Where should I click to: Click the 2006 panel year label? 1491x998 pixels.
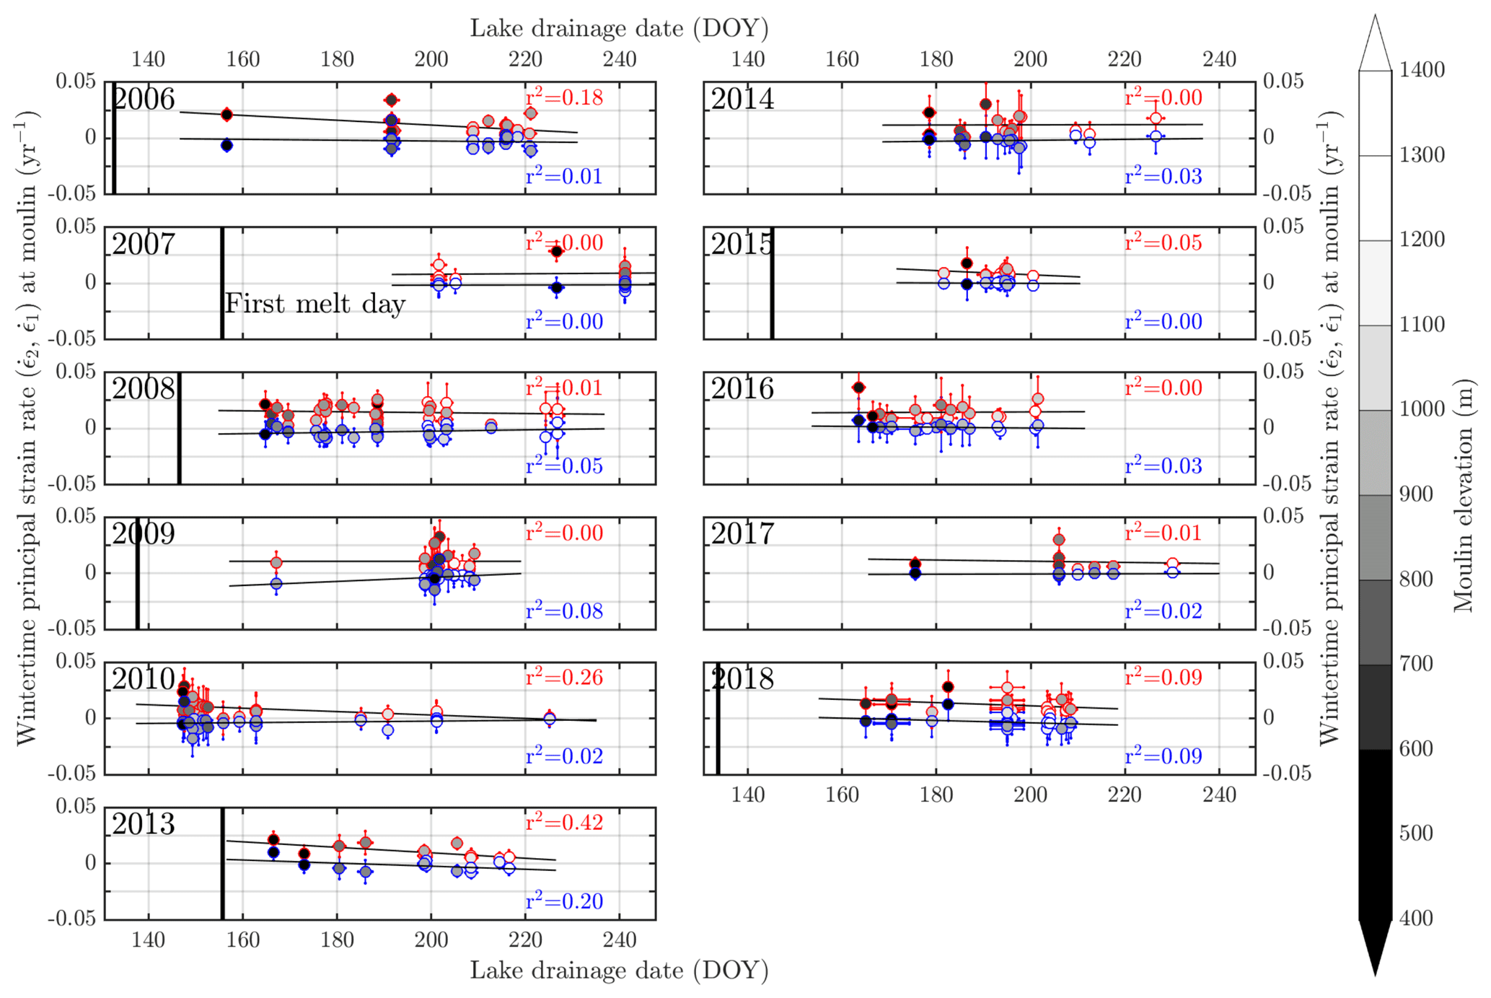tap(144, 100)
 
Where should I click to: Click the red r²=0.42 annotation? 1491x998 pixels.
tap(564, 823)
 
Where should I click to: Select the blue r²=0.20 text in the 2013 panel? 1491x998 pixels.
tap(564, 901)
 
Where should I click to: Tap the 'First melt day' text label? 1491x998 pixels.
tap(315, 304)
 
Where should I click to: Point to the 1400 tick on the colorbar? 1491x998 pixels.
tap(1422, 70)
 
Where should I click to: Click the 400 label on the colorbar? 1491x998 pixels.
tap(1415, 919)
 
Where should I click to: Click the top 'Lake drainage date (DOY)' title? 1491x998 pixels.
tap(619, 28)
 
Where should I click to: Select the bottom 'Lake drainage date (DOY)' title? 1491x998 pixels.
tap(619, 971)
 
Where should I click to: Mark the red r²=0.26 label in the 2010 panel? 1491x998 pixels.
tap(564, 678)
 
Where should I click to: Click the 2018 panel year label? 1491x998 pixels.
tap(743, 679)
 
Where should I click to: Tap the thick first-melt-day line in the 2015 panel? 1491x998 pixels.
tap(772, 283)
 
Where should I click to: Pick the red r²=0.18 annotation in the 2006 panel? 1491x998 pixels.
tap(564, 97)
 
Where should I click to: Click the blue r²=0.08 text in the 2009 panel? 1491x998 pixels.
tap(564, 611)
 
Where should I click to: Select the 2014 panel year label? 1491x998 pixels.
tap(743, 100)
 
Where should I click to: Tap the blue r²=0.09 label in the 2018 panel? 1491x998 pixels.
tap(1164, 756)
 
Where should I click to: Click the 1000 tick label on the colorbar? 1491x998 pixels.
tap(1422, 409)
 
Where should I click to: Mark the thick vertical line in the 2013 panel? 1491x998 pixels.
tap(222, 863)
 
